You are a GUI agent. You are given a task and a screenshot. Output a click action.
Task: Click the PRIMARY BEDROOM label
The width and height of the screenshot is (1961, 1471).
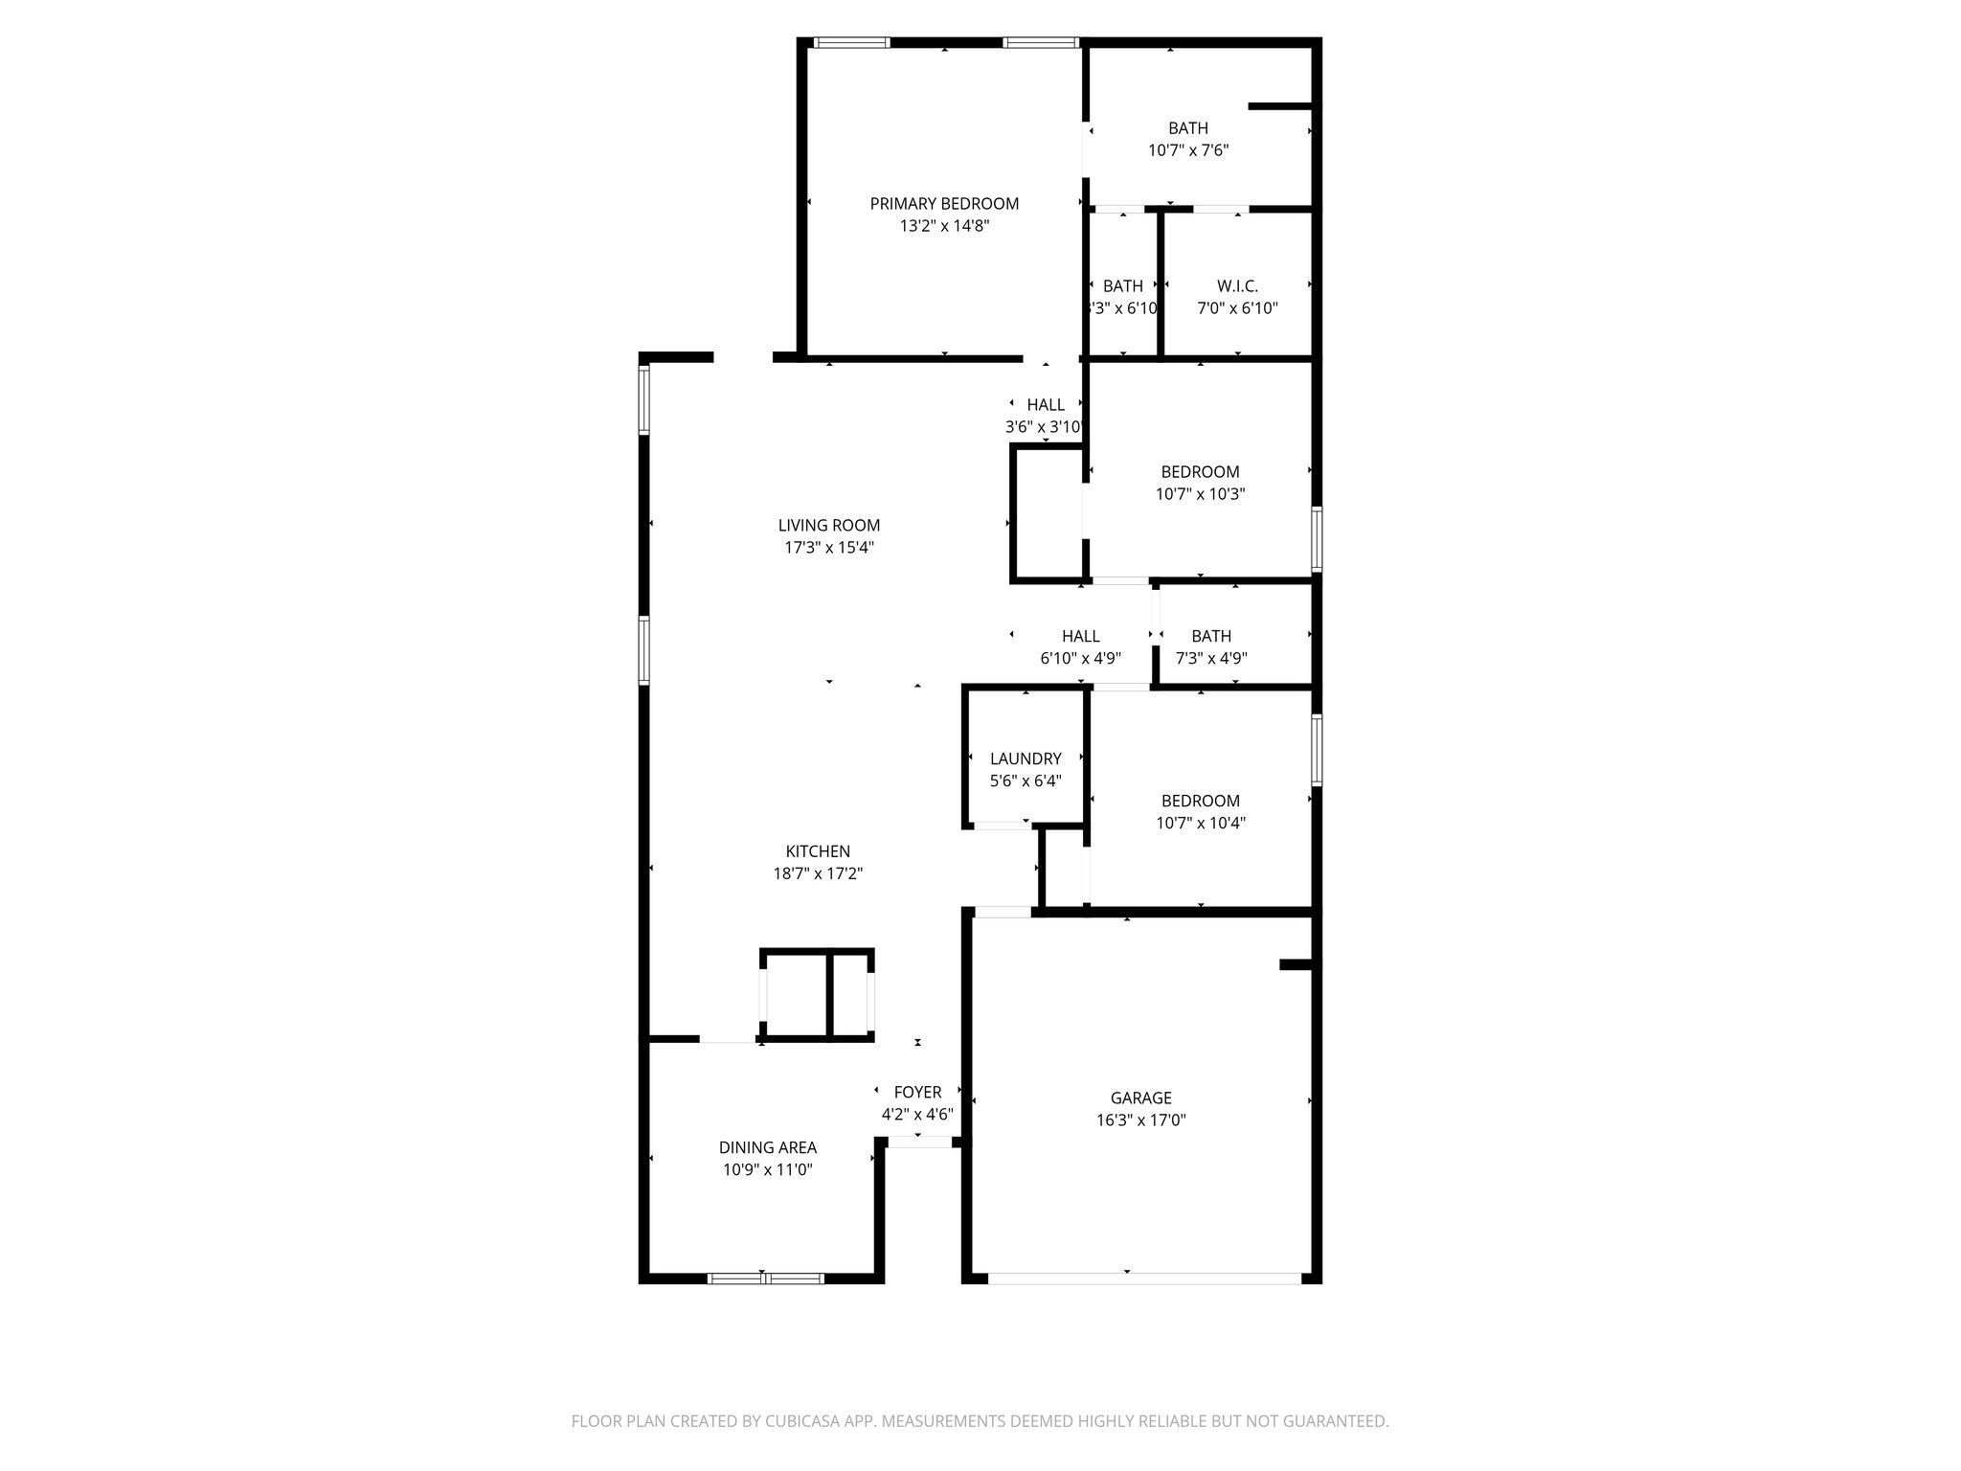tap(943, 204)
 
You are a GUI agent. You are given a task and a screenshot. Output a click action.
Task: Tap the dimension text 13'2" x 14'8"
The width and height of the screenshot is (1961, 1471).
tap(943, 227)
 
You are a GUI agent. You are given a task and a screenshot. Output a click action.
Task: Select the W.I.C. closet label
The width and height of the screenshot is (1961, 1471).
tap(1237, 286)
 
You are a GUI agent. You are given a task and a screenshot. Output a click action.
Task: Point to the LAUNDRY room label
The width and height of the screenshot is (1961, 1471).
tap(1025, 758)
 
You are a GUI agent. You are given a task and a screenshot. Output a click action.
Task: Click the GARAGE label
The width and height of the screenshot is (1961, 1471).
tap(1140, 1098)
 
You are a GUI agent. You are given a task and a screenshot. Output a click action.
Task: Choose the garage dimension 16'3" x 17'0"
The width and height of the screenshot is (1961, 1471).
tap(1140, 1120)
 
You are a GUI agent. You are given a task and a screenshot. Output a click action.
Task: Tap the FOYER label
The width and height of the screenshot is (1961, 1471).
tap(916, 1093)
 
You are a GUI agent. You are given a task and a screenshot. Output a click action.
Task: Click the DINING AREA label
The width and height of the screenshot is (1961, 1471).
tap(767, 1147)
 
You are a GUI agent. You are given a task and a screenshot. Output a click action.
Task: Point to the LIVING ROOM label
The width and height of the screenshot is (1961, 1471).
tap(828, 526)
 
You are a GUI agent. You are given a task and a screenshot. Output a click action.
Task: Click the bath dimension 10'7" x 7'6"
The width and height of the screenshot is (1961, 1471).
tap(1187, 150)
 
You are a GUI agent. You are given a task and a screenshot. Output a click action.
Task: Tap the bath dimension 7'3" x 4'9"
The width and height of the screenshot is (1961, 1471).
tap(1210, 659)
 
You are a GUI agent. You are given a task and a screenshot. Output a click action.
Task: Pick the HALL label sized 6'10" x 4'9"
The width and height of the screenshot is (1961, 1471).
tap(1080, 637)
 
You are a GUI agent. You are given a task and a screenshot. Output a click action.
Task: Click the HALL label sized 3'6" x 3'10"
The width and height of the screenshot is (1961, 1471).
tap(1045, 405)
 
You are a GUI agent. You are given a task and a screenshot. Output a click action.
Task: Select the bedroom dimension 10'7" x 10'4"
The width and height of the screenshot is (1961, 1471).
tap(1200, 824)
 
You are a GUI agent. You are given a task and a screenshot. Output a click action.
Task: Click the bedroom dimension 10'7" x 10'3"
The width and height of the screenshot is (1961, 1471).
tap(1200, 495)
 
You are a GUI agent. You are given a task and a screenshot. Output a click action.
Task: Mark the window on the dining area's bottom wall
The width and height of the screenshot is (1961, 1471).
tap(765, 1279)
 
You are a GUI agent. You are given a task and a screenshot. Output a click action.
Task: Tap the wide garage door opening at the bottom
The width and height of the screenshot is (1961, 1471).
tap(1144, 1279)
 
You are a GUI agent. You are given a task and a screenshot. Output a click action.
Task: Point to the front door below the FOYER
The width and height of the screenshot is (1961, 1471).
tap(919, 1142)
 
